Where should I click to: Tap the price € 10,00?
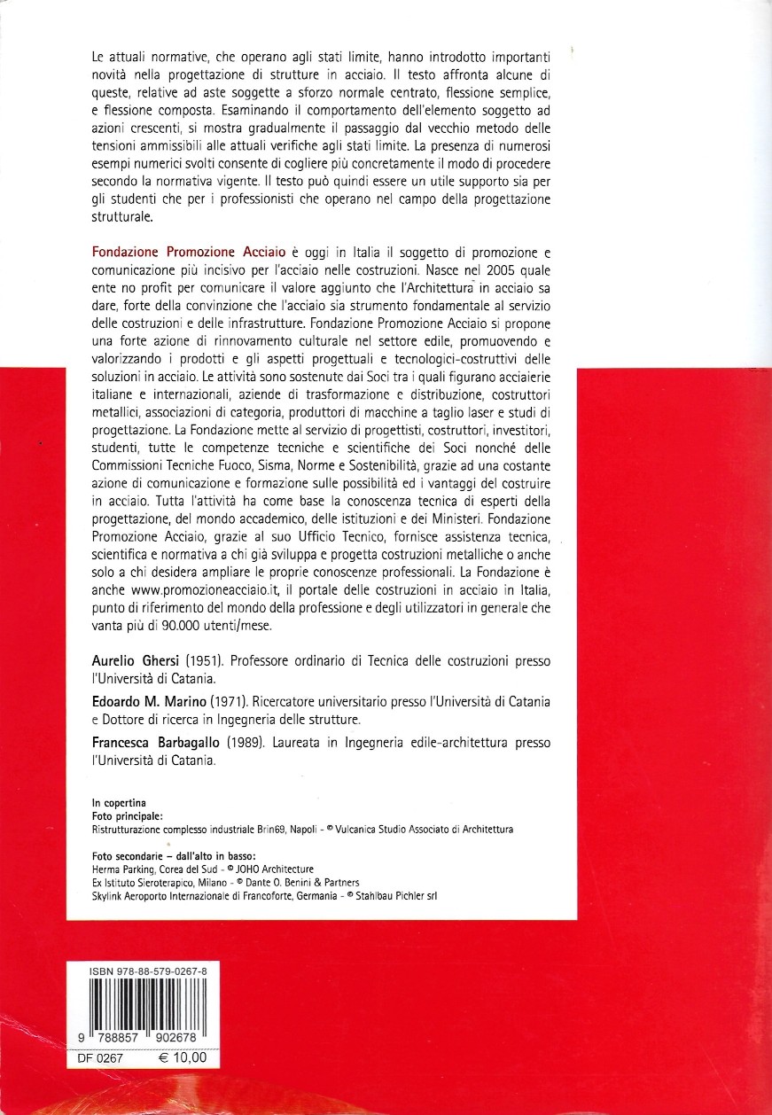[182, 1057]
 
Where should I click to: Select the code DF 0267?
[100, 1057]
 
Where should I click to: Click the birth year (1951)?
[199, 662]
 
